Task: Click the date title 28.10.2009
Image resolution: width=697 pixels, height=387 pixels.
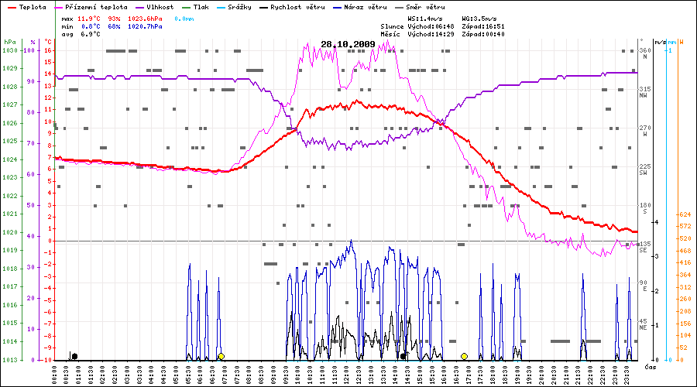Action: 347,44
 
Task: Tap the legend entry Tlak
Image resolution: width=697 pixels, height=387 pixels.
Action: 201,7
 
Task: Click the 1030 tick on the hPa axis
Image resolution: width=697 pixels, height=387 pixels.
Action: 9,50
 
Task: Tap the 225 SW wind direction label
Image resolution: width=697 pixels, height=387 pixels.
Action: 644,170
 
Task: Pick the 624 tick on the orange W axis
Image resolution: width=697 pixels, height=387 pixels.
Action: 685,214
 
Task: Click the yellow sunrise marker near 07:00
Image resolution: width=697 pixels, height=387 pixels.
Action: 221,356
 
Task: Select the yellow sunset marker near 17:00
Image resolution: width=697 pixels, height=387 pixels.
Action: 465,356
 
